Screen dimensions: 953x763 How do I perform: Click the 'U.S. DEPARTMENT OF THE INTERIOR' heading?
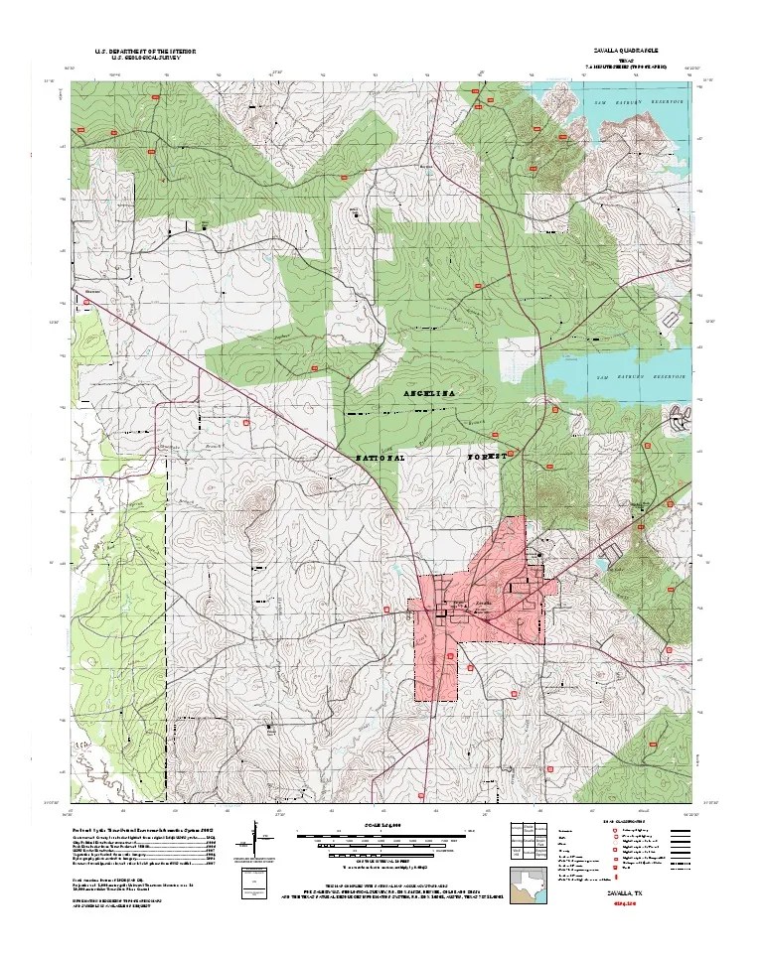[x=145, y=50]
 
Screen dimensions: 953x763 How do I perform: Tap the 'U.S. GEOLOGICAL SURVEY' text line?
[x=145, y=58]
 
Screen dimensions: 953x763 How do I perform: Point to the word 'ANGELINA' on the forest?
[x=428, y=394]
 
